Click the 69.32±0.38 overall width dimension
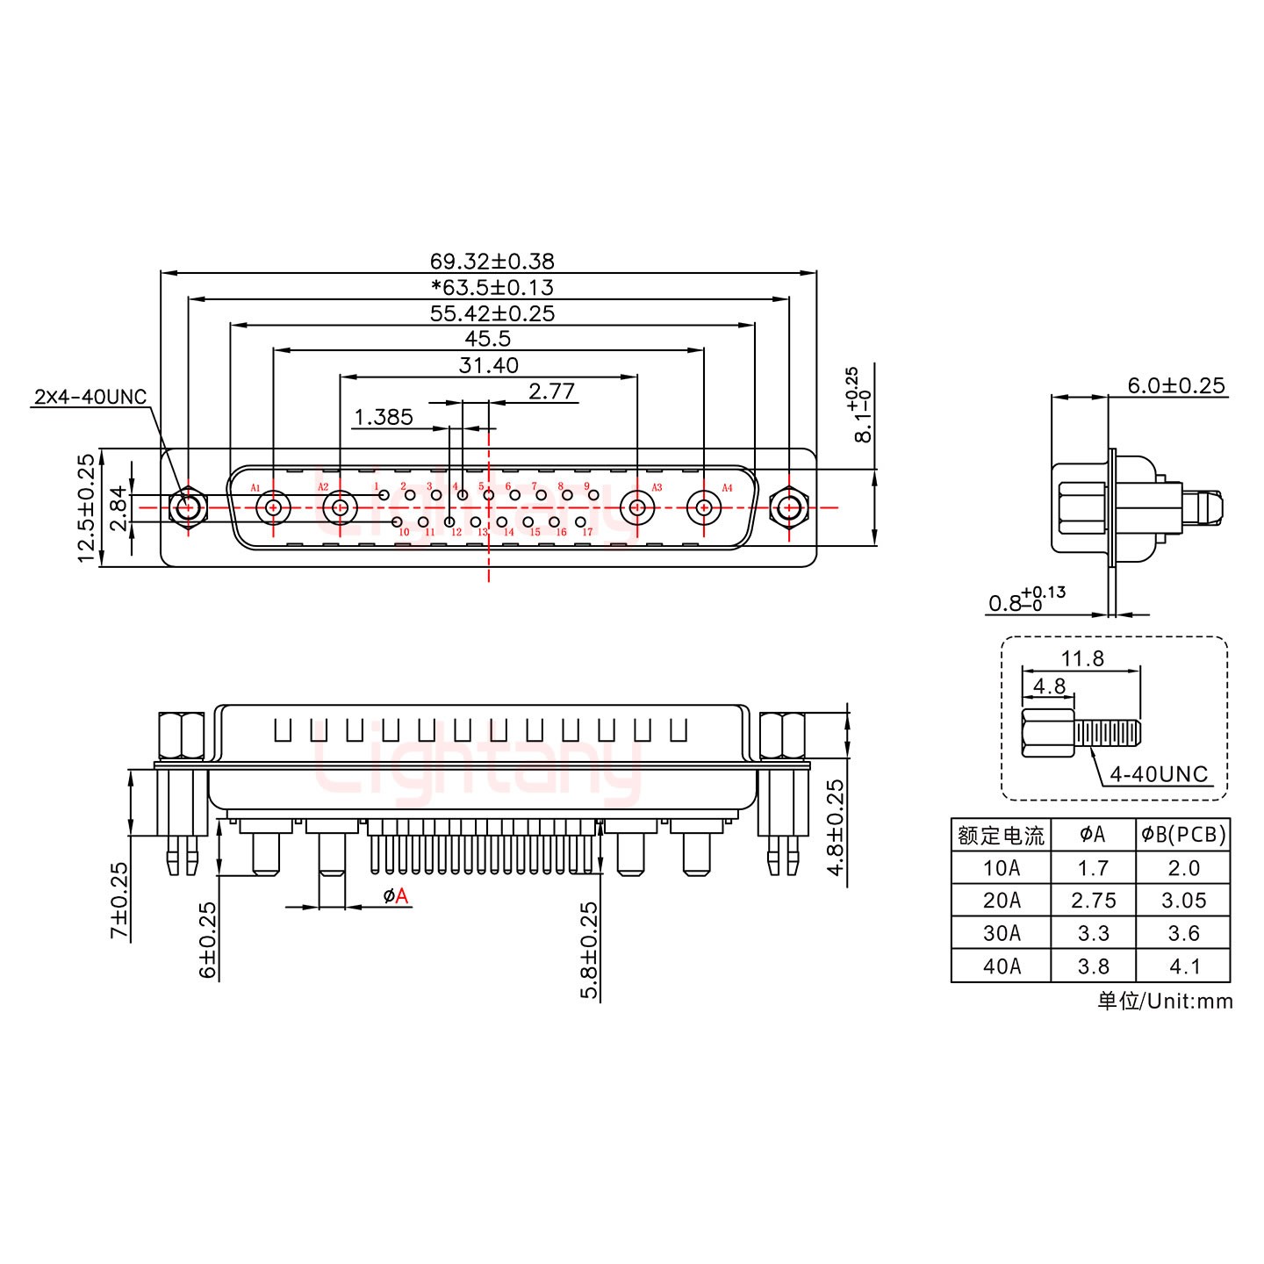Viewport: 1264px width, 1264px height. click(x=492, y=261)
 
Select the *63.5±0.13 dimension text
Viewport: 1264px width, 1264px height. click(x=492, y=287)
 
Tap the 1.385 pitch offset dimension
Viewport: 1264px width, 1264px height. click(x=383, y=417)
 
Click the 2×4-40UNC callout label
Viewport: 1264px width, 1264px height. click(x=90, y=397)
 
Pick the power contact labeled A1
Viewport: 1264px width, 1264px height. click(x=273, y=507)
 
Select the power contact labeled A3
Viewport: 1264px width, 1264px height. click(x=636, y=507)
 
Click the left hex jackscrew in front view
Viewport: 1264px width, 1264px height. click(x=187, y=507)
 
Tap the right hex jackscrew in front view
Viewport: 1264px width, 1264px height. click(x=789, y=507)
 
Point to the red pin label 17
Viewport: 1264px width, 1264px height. click(x=587, y=532)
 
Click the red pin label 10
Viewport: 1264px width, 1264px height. click(x=404, y=532)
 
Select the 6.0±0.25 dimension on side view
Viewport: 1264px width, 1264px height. click(x=1176, y=385)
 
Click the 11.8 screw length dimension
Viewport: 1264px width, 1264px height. click(x=1082, y=658)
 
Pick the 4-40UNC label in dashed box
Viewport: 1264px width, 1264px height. click(x=1159, y=774)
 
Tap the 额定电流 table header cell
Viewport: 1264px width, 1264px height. click(x=1001, y=835)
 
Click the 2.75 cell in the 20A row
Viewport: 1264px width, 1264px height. click(x=1094, y=901)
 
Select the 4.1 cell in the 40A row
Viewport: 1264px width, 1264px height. click(x=1184, y=966)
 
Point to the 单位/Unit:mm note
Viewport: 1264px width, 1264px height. click(x=1165, y=1001)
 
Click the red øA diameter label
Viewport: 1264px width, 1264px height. click(x=396, y=896)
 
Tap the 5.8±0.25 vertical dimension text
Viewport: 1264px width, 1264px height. click(x=590, y=951)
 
